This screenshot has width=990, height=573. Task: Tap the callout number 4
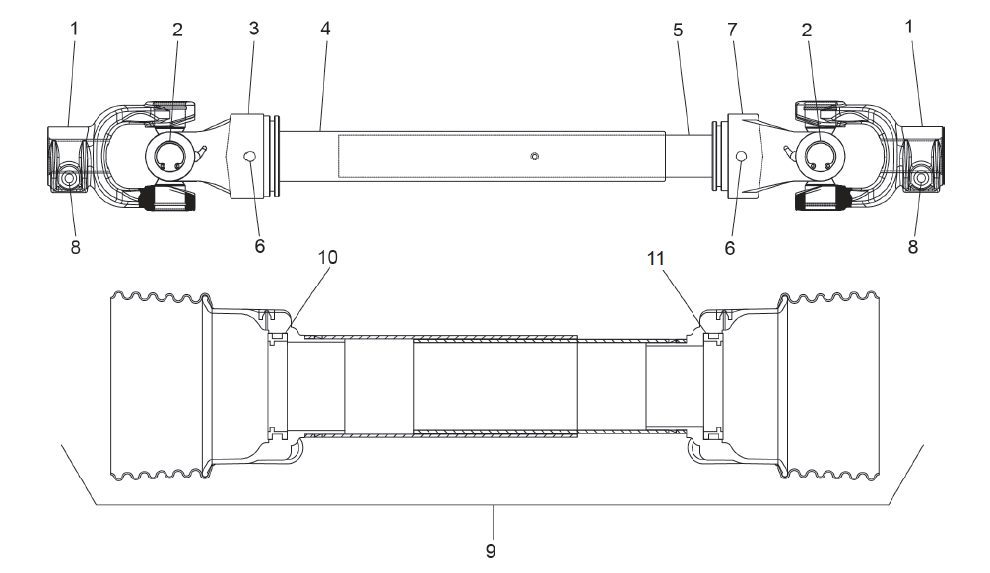pos(325,28)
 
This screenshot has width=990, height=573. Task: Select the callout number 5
pos(677,30)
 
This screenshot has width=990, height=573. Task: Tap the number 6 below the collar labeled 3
pos(260,245)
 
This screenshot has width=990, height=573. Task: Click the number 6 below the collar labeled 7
pos(730,248)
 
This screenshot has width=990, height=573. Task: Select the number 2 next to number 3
pos(177,30)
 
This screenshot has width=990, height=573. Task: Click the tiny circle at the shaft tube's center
pos(533,157)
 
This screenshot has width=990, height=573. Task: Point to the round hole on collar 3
pos(250,157)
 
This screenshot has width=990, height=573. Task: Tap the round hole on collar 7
pos(740,157)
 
